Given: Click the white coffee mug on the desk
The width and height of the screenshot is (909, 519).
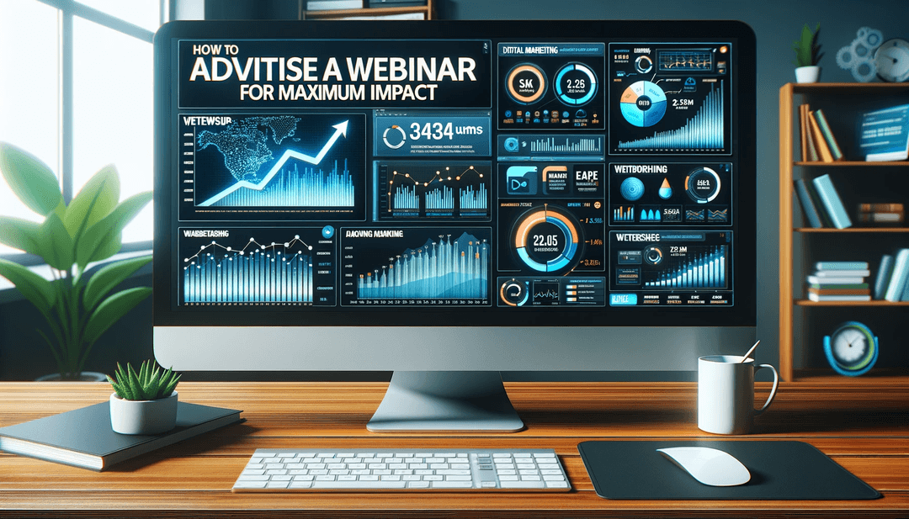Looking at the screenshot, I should tap(726, 393).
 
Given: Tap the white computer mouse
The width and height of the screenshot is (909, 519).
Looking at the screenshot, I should tap(704, 465).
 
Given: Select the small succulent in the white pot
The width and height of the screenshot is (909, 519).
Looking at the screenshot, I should tap(145, 400).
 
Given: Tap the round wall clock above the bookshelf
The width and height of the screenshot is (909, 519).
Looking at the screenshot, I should tap(890, 60).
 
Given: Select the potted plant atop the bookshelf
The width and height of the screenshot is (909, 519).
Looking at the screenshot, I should tap(805, 53).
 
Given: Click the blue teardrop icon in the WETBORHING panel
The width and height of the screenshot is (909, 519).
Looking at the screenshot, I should tap(664, 189).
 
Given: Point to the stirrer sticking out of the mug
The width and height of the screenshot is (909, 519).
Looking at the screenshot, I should tap(749, 350).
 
